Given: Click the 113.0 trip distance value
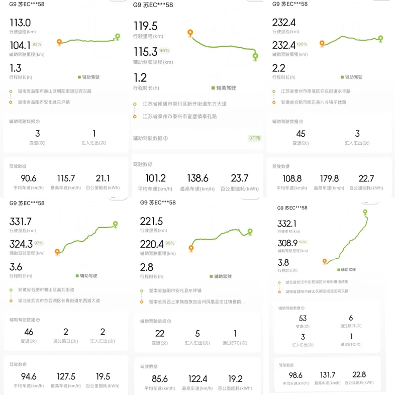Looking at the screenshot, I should tap(21, 23).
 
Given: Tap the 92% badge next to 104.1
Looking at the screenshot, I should tap(37, 44).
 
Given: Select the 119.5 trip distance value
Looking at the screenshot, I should tap(145, 26).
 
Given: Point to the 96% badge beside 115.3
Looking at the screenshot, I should tap(164, 51).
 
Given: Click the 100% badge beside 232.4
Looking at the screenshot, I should tap(302, 44).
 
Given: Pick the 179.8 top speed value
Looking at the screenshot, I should tap(329, 178).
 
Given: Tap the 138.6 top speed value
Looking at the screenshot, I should tap(198, 178).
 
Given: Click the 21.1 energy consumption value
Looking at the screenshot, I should tap(103, 178).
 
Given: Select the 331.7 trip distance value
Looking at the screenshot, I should tap(21, 222).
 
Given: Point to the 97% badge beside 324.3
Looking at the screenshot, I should tap(39, 243).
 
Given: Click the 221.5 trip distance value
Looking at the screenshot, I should tap(152, 222).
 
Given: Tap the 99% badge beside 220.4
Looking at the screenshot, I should tap(170, 243).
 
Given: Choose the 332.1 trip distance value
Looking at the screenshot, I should tap(287, 223).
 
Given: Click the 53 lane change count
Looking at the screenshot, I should tap(302, 318).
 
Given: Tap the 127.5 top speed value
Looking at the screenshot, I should tap(66, 376).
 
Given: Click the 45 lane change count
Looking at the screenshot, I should tap(301, 134).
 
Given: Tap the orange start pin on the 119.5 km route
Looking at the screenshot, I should tap(190, 33).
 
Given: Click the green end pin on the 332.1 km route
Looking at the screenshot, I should tap(365, 212).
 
